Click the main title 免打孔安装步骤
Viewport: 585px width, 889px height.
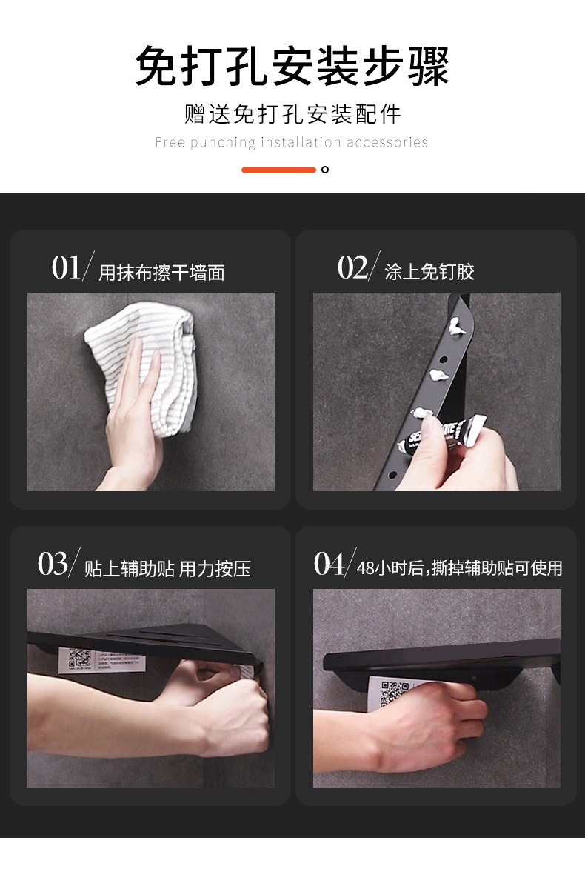[x=292, y=67]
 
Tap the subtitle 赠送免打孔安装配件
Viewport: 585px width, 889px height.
[x=292, y=114]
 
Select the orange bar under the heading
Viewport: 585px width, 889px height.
[x=278, y=170]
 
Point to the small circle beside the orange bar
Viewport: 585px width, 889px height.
[x=324, y=170]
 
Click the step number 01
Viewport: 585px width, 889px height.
[x=67, y=267]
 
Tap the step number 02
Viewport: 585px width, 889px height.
[x=352, y=267]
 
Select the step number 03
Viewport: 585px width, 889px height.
[x=53, y=565]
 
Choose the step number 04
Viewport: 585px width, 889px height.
[x=330, y=565]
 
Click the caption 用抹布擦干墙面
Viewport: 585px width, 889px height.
[x=161, y=273]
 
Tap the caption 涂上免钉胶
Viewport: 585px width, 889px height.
[x=429, y=272]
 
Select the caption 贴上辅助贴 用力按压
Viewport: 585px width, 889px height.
[x=167, y=569]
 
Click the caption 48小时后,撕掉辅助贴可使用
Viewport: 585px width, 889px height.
[x=459, y=568]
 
